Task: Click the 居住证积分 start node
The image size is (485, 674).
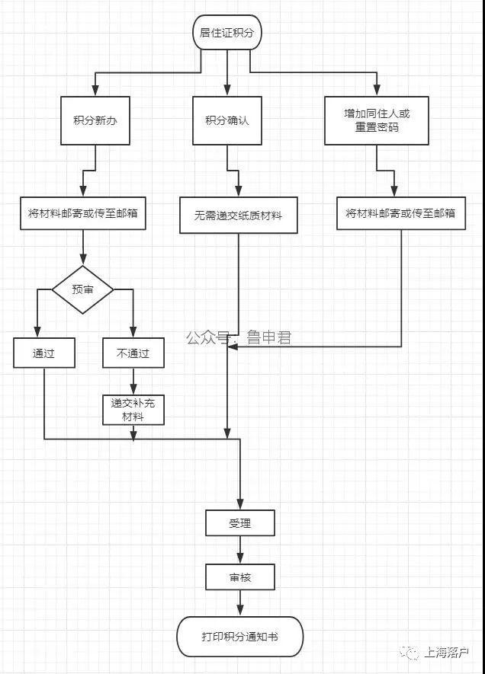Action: (226, 32)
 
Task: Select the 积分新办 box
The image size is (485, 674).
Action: (95, 120)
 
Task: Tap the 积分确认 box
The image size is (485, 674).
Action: (226, 120)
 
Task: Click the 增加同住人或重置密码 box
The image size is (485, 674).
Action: (377, 120)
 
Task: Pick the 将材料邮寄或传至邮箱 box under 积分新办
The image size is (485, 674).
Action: (83, 213)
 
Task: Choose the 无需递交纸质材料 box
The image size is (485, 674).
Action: (239, 216)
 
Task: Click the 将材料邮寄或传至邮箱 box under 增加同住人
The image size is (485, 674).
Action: (401, 213)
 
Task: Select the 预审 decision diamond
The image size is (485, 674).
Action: (82, 289)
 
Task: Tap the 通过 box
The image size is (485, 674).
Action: (44, 353)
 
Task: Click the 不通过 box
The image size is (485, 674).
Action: (133, 353)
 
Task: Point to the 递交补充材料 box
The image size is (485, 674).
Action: (133, 410)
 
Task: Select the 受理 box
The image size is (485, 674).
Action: (240, 523)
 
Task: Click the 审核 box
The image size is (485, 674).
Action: (240, 577)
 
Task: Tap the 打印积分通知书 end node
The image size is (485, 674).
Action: (240, 637)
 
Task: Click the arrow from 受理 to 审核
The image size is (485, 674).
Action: (240, 550)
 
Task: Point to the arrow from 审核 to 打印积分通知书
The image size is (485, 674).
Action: (240, 603)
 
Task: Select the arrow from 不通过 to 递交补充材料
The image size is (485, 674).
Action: (133, 382)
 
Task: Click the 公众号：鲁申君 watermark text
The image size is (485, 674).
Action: (239, 337)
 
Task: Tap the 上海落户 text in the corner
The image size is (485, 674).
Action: (446, 653)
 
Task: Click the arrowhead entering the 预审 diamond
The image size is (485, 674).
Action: (82, 260)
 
